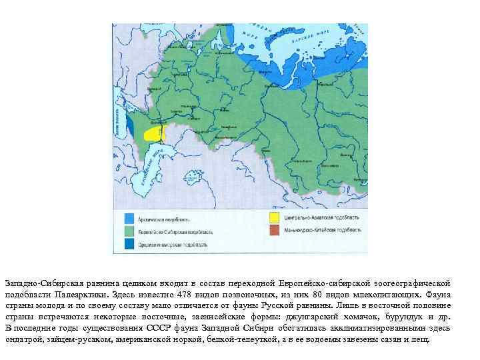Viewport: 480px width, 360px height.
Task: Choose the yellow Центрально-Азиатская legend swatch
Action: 275,218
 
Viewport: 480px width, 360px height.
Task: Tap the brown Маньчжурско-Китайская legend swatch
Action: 275,231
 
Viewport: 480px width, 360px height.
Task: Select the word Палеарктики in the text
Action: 69,294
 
